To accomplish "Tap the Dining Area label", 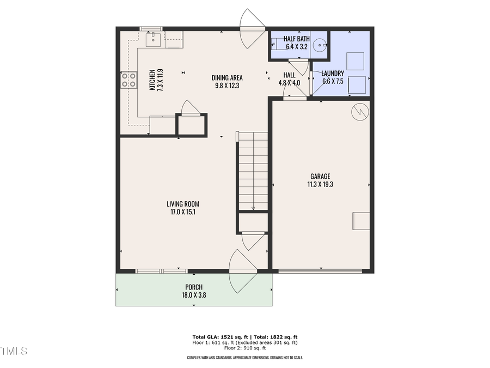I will coord(227,77).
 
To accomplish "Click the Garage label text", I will coord(321,176).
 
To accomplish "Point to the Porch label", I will coord(193,287).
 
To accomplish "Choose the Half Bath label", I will coord(297,39).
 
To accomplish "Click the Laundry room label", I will coord(332,74).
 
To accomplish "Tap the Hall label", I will coord(289,75).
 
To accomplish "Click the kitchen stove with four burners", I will coord(128,80).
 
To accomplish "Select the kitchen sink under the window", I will coord(154,38).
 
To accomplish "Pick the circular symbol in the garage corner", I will coord(360,111).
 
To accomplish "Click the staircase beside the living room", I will coord(253,171).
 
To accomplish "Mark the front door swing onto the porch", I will coord(243,271).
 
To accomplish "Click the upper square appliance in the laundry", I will coord(356,61).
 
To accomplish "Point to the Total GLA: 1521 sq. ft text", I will coord(217,337).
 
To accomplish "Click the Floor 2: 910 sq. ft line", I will coord(245,348).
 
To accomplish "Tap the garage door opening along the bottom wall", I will coord(320,270).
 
